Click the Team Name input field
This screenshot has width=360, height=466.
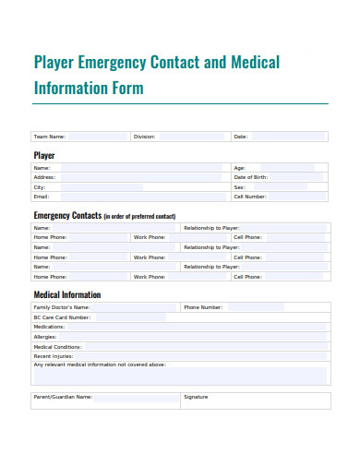coord(97,137)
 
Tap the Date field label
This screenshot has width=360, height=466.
coord(240,137)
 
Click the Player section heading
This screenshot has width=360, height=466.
coord(44,155)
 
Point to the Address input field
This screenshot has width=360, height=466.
coord(138,177)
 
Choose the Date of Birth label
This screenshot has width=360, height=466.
coord(250,177)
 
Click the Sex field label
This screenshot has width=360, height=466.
coord(239,186)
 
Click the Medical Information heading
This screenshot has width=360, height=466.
coord(67,295)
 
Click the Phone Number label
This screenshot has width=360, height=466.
coord(203,307)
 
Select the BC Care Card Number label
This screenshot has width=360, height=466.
coord(62,317)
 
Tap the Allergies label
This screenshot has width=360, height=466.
coord(45,337)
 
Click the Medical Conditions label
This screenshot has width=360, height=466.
coord(57,346)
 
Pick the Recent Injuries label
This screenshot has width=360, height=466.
coord(54,355)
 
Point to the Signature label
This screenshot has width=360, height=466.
coord(196,397)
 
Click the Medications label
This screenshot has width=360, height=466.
coord(50,327)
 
